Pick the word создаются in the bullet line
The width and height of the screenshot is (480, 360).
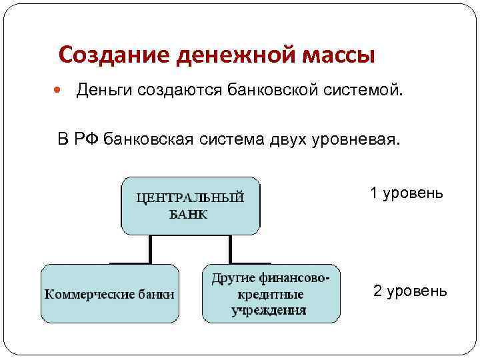pos(180,89)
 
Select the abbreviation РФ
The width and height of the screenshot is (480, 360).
pos(87,139)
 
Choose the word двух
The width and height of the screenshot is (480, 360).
pos(284,139)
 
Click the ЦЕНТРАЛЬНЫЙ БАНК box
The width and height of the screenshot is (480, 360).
pos(191,205)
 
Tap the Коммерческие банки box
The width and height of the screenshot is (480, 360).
pos(110,293)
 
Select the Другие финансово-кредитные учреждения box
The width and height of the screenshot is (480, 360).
pos(270,293)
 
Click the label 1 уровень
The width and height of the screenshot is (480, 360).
pos(407,193)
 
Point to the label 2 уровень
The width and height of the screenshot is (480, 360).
pos(410,291)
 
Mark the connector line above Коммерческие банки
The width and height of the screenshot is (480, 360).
pos(151,249)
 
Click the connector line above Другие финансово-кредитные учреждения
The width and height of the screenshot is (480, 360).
pos(231,249)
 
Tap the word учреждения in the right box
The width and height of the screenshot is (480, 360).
pos(269,310)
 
